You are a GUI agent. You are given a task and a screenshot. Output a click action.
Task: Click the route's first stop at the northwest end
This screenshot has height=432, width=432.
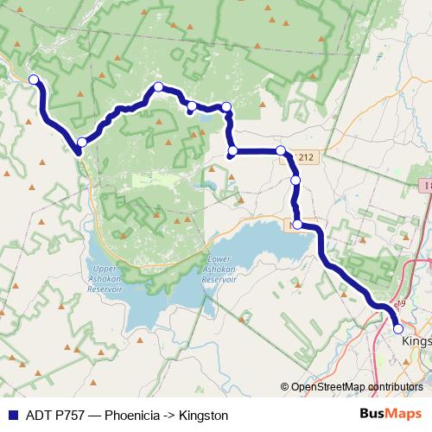point(35,80)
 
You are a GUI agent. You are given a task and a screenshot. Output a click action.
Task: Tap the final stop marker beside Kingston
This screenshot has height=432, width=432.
point(398,328)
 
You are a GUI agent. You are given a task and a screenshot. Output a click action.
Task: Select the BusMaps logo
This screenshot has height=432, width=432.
point(387,415)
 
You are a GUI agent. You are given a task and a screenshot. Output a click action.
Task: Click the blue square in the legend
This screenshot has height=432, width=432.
point(12,416)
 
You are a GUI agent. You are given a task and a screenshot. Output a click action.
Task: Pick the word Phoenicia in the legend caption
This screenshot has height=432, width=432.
point(132,416)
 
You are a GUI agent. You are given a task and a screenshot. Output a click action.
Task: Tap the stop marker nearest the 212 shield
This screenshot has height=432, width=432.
point(281,151)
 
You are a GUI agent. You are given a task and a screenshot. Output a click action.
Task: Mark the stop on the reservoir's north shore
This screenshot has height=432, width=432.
point(298,225)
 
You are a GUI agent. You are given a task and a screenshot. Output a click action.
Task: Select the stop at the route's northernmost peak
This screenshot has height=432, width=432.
point(159,86)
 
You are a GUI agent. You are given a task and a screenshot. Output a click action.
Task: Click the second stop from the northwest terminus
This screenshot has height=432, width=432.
point(81,142)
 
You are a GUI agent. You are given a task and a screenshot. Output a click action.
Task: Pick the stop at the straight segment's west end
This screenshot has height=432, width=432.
point(232,152)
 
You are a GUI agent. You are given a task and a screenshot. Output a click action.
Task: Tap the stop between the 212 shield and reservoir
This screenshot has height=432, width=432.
point(295,181)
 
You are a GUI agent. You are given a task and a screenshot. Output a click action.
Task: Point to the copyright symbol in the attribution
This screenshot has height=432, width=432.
point(285,387)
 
